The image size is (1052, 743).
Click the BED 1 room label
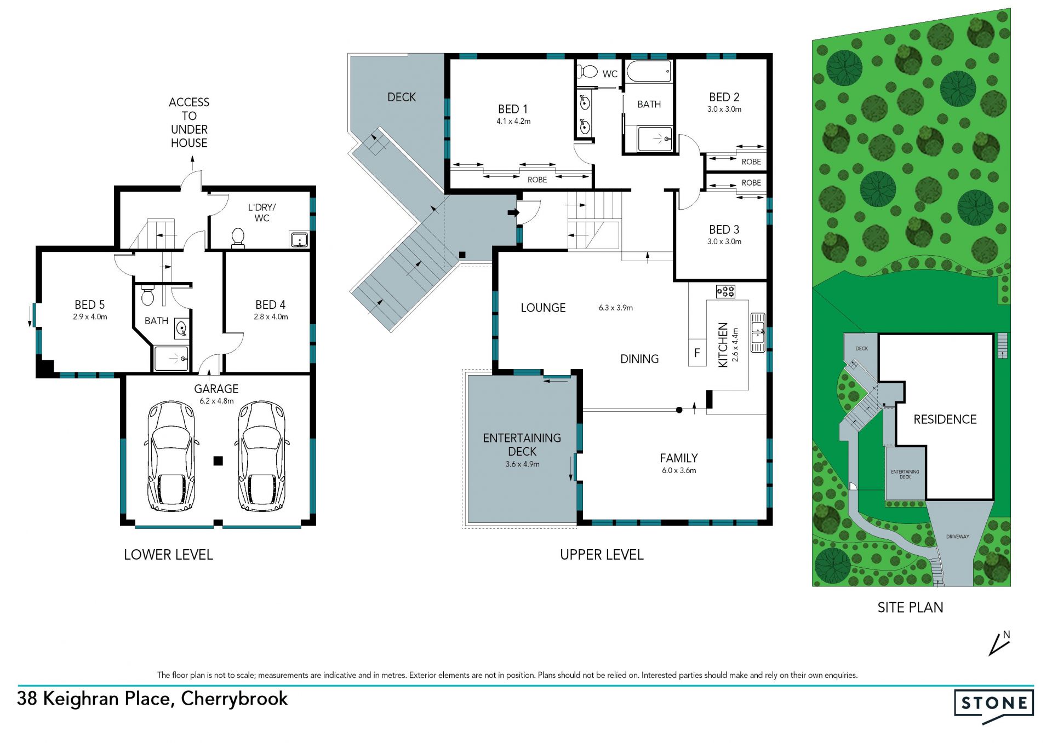[513, 109]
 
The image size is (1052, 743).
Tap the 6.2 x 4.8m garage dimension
[216, 401]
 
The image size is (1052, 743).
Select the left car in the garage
[170, 456]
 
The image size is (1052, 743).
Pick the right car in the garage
[261, 456]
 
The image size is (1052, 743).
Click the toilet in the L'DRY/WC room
[238, 238]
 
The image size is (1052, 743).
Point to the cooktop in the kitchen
[725, 291]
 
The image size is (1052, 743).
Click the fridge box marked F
[697, 353]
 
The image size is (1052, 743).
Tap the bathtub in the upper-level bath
[649, 71]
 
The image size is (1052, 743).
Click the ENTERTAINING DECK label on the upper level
[522, 445]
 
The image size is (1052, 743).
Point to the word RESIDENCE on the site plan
[945, 419]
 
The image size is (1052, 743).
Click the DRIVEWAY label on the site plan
[958, 537]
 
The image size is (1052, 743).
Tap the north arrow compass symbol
[999, 644]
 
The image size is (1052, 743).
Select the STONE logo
[994, 706]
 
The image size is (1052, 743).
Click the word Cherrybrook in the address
[234, 699]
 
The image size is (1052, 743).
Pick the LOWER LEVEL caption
[168, 555]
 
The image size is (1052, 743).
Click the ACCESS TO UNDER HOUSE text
[189, 123]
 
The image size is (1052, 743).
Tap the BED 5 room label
[89, 304]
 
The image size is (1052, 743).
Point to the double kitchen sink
[758, 332]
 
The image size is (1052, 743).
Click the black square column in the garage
[218, 461]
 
